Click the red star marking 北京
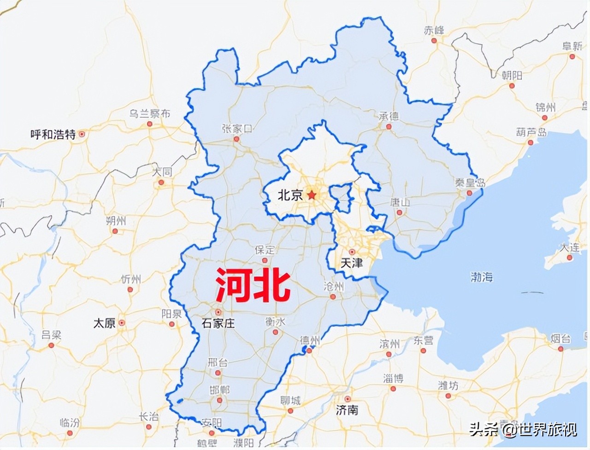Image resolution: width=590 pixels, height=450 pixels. [x=313, y=195]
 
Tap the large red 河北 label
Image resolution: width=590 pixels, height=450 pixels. [x=253, y=286]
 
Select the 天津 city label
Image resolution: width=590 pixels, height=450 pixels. [x=351, y=264]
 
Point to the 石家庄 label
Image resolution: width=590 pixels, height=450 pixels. [x=218, y=323]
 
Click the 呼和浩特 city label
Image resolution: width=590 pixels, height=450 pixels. [x=53, y=134]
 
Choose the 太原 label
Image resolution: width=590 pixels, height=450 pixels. [x=104, y=323]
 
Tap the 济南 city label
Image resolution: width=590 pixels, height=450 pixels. [x=347, y=410]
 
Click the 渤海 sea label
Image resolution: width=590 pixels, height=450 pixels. [x=482, y=277]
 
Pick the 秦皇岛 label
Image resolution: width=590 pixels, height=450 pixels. [x=470, y=183]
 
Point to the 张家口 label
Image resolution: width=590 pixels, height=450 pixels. [x=237, y=128]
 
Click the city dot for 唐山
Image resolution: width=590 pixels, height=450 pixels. [x=400, y=213]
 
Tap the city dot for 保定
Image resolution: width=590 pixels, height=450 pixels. [x=265, y=261]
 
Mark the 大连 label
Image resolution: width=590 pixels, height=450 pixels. [x=570, y=247]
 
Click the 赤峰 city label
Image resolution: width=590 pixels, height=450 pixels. [x=434, y=30]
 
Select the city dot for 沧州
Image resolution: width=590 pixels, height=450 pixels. [x=333, y=297]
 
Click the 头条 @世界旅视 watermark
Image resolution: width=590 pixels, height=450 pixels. [x=523, y=430]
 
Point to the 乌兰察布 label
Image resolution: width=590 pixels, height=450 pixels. [x=149, y=113]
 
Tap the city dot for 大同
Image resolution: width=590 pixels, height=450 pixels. [x=161, y=183]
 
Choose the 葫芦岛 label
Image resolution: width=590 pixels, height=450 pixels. [x=531, y=132]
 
